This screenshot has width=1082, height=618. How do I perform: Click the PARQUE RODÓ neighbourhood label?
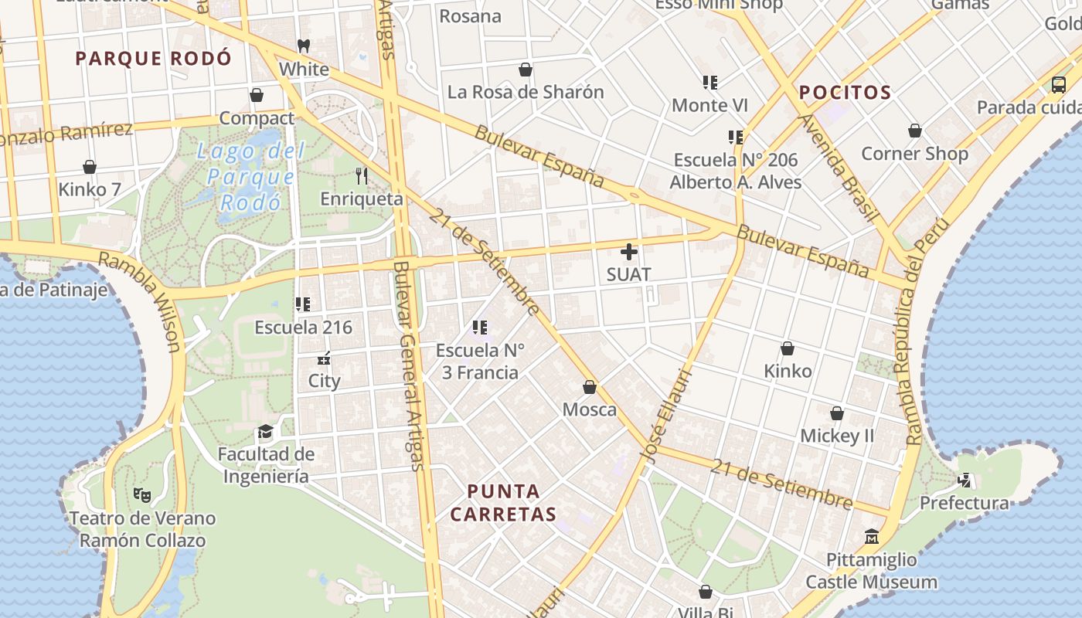(x=153, y=58)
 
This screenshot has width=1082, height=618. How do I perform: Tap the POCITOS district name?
(x=845, y=93)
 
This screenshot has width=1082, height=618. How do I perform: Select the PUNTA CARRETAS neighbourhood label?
(x=503, y=502)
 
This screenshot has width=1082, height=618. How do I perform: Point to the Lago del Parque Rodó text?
(x=250, y=177)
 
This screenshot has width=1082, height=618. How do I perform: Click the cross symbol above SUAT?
(x=629, y=251)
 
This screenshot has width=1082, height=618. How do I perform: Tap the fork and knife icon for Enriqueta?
(x=361, y=176)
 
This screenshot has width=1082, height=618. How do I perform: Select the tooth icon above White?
(x=304, y=46)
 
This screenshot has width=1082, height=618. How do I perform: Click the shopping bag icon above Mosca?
(x=590, y=386)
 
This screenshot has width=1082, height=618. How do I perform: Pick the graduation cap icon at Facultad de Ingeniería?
(x=266, y=431)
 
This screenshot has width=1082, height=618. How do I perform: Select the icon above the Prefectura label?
(x=965, y=480)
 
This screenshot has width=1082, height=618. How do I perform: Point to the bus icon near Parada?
(x=1059, y=84)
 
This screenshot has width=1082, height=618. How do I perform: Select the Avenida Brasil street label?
(x=838, y=168)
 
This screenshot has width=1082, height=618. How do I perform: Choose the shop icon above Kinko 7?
(x=90, y=167)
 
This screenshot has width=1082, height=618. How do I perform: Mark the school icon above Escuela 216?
(x=303, y=304)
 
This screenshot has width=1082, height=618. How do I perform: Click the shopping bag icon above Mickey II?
(x=836, y=413)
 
